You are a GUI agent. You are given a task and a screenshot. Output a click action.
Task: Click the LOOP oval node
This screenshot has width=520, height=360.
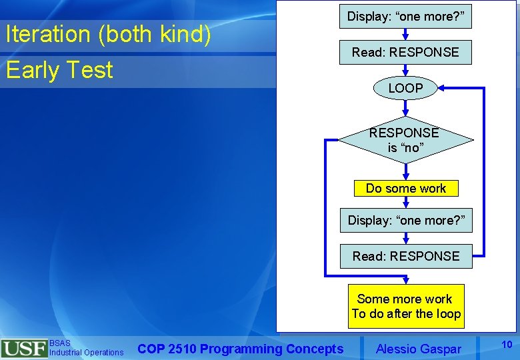coord(405,88)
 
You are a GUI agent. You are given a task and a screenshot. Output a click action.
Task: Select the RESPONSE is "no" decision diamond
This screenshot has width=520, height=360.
coord(405,140)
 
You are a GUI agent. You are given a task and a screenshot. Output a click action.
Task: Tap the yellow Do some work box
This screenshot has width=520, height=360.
coord(406,189)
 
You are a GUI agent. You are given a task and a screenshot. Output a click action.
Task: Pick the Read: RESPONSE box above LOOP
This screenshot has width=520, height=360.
coord(405,52)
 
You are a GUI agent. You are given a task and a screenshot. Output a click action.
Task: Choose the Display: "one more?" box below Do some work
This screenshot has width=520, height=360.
coord(406,220)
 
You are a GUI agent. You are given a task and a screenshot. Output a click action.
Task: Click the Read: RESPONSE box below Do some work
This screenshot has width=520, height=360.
coord(406,256)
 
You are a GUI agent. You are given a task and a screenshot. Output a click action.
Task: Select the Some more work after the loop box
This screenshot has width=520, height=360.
coord(406,306)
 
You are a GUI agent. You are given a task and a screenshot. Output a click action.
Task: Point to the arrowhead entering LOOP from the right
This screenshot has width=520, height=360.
coord(442,88)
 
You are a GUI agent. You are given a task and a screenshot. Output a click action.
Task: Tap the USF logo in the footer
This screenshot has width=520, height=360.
coord(24,349)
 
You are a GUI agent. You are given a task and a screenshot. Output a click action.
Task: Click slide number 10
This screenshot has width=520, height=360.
coord(506,344)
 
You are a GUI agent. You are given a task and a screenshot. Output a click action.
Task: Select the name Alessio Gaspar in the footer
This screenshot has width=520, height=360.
coord(418,348)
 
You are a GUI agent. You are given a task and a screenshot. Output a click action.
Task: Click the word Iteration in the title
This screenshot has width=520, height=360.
coord(47,35)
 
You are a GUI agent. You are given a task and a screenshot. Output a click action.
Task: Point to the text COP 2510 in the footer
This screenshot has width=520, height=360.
coord(166,349)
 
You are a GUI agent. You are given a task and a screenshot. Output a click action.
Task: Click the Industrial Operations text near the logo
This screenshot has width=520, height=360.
coord(86,353)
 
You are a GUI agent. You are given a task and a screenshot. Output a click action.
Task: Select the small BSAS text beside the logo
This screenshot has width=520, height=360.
coord(59,343)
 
